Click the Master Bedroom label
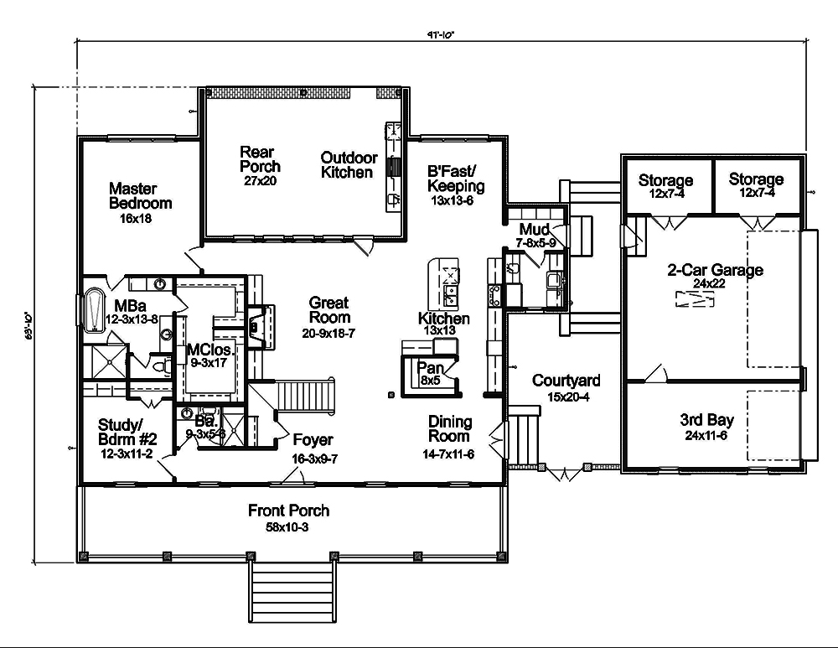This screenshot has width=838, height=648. [140, 196]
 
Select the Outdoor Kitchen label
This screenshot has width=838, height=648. [347, 165]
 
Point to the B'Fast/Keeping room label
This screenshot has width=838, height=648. [456, 179]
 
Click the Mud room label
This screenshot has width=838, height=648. [534, 230]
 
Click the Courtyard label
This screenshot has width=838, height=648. [566, 381]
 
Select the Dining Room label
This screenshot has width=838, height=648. [451, 429]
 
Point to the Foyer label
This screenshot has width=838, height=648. [313, 440]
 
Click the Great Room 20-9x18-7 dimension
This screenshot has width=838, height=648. [328, 333]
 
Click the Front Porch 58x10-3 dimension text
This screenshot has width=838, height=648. [288, 526]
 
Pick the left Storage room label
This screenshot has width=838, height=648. [665, 180]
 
